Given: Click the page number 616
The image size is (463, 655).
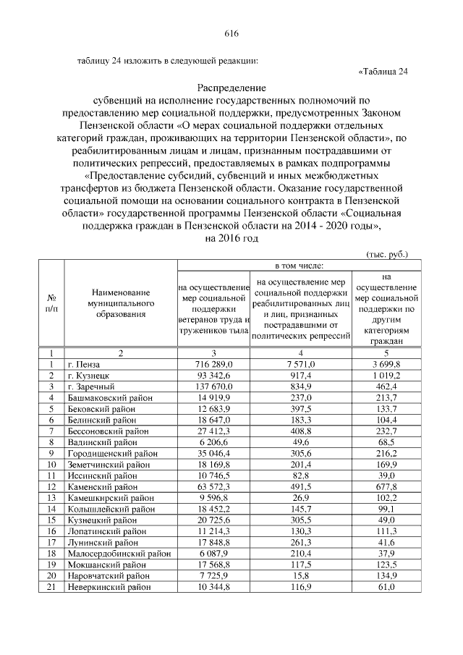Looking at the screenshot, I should coord(231,34).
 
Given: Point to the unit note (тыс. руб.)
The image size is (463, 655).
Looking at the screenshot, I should coord(384,254).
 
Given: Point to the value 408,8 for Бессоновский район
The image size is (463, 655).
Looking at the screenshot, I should coord(301,433).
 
